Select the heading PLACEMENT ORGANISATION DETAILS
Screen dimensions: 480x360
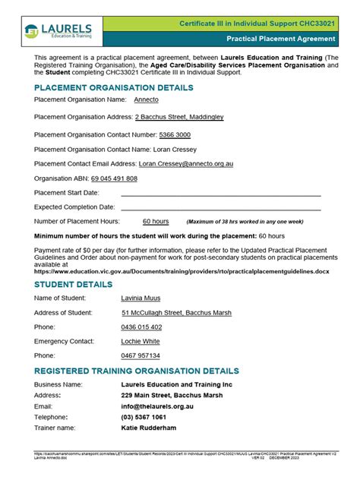(x=113, y=88)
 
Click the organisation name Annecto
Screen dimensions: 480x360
(x=147, y=99)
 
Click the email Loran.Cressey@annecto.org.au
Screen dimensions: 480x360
(x=197, y=163)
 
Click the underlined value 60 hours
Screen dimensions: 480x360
(x=156, y=221)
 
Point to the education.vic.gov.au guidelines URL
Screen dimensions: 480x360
(x=182, y=271)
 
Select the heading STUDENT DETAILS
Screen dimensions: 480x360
(x=73, y=285)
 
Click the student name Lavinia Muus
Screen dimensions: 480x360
(x=141, y=298)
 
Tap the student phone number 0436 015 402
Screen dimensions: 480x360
(x=141, y=327)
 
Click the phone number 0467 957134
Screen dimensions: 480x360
(x=141, y=355)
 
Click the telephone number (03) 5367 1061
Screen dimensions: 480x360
(x=144, y=418)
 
